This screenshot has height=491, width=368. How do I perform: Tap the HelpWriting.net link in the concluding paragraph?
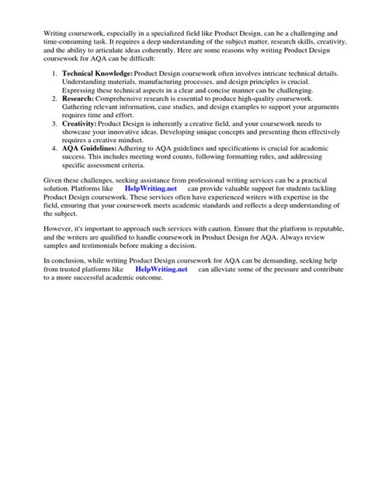click(161, 269)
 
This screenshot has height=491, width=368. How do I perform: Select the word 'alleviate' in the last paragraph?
click(232, 269)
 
